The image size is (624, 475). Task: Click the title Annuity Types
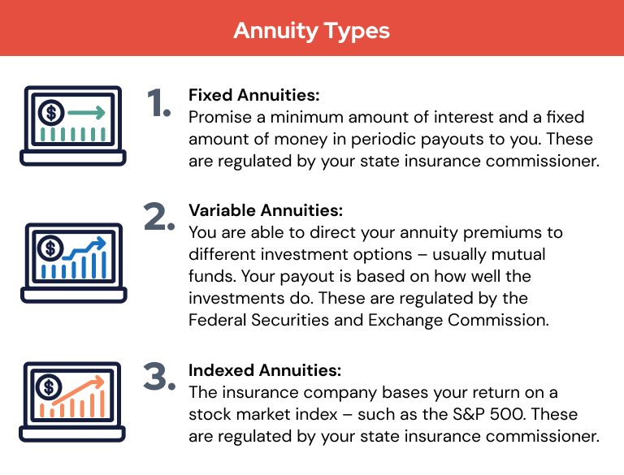pos(311,31)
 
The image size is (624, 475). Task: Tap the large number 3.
pos(158,376)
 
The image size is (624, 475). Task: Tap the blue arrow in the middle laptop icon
pos(88,244)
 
